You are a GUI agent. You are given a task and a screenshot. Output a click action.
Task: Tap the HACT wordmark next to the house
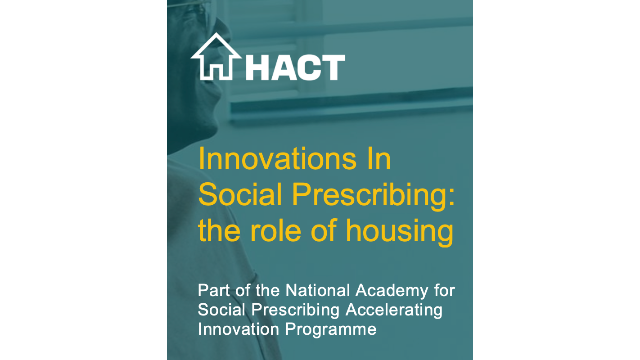click(295, 68)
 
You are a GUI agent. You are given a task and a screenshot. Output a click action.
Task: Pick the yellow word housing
click(400, 233)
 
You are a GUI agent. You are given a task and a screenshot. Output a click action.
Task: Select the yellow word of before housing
click(324, 230)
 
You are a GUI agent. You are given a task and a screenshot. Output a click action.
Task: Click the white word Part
click(214, 290)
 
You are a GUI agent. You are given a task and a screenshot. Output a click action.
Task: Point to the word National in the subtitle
click(318, 290)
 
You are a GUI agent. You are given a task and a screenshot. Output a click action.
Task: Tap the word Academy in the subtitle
click(392, 292)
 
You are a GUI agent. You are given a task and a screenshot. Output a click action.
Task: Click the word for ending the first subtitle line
click(444, 290)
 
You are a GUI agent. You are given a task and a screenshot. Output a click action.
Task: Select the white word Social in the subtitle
click(222, 310)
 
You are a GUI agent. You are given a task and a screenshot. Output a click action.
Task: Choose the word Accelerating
click(394, 311)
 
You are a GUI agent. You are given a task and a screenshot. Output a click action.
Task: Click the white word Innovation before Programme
click(238, 329)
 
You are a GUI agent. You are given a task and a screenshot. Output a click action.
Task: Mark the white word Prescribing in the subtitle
click(296, 311)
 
